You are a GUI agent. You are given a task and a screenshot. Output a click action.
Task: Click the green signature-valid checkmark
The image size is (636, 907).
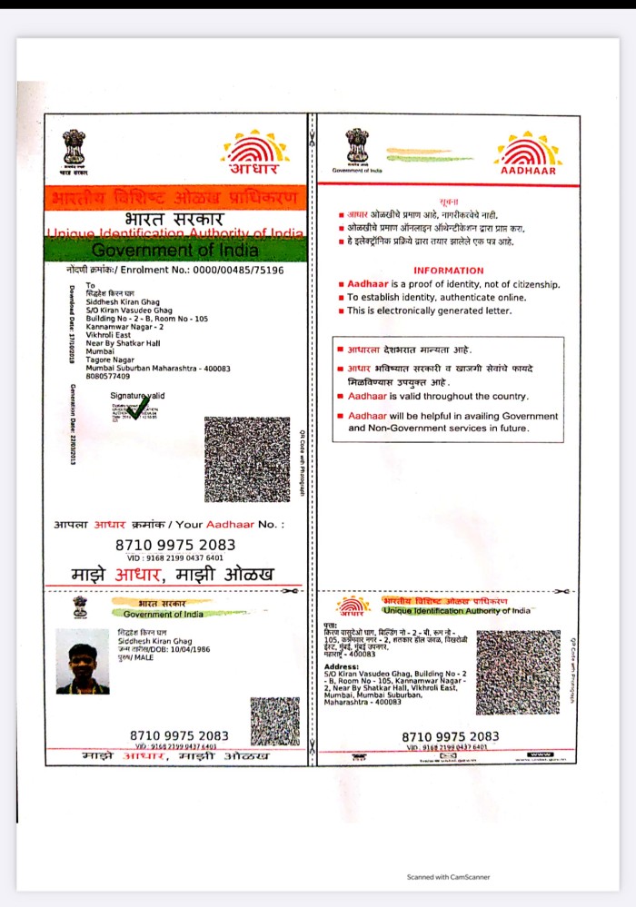point(138,409)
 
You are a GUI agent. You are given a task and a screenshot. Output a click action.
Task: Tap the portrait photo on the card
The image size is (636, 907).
point(83,662)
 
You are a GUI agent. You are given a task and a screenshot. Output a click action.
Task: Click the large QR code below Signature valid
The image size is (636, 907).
point(246,459)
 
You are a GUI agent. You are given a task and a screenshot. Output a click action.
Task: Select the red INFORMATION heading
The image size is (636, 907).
point(449,271)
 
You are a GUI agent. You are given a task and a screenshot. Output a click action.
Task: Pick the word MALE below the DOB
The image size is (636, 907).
point(143,657)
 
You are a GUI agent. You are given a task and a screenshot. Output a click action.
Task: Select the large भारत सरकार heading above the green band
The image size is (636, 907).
point(175,220)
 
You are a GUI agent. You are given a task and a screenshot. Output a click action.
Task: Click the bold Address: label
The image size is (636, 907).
point(341,667)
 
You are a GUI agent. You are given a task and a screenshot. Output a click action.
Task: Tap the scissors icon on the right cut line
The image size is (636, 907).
point(563,591)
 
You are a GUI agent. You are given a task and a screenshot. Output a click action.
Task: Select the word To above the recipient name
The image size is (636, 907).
point(90,286)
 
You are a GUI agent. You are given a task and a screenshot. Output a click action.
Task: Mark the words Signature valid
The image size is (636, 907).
point(137,396)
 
